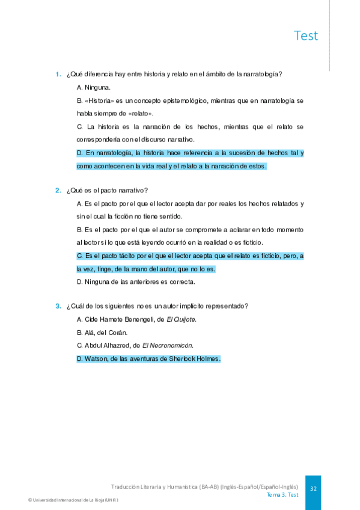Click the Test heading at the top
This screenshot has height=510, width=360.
306,35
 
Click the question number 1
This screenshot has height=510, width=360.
58,75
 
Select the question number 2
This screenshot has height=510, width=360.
58,191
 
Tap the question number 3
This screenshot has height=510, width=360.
58,306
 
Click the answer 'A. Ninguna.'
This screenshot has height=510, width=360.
93,88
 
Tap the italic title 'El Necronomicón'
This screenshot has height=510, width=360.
168,345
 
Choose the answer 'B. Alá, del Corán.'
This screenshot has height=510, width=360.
102,332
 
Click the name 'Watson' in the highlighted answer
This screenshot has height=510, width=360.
97,358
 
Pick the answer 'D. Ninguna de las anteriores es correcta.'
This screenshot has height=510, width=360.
136,281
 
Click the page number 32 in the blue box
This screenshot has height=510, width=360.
313,489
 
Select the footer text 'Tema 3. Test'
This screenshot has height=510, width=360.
282,495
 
